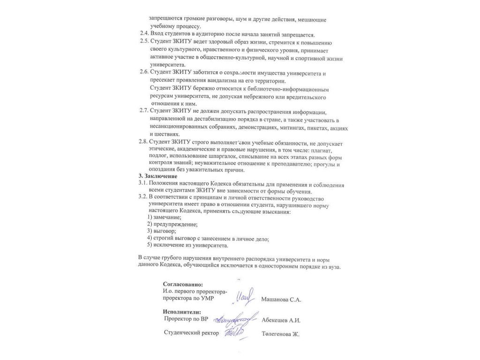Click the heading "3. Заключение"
point(158,176)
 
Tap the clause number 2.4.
point(144,34)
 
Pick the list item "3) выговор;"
point(161,231)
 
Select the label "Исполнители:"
point(182,312)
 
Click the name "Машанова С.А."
point(281,300)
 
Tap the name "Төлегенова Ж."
point(280,334)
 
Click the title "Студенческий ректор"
point(191,333)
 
